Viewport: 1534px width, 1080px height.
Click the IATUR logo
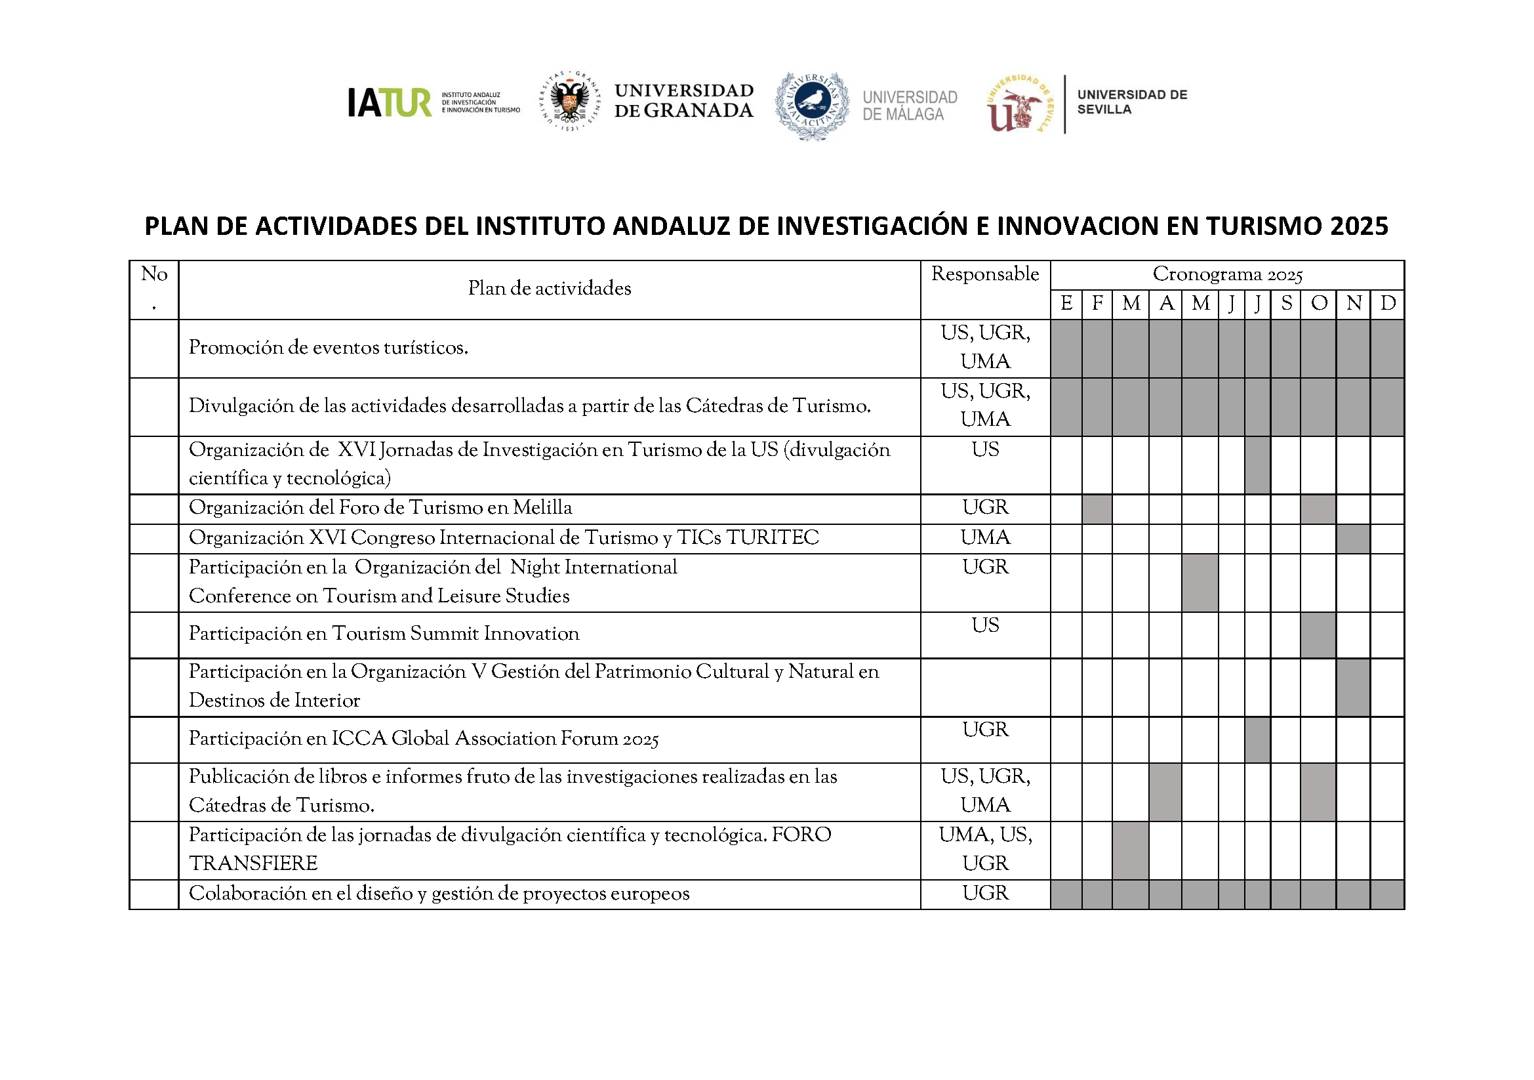390,103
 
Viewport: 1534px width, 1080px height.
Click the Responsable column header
985,274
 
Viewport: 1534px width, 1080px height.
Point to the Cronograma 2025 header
1227,275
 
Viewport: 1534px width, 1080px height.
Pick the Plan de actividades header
549,289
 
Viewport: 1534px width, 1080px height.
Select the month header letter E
1066,304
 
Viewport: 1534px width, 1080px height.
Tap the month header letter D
1387,304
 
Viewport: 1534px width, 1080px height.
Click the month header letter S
1286,304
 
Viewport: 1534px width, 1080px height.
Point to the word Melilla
542,508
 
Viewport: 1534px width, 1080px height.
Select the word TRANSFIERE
253,863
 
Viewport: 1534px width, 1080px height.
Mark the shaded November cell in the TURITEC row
1353,539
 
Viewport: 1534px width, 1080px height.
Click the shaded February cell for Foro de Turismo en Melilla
1097,509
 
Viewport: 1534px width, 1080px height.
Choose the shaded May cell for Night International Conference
1200,583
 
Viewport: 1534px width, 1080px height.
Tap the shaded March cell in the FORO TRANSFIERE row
1131,850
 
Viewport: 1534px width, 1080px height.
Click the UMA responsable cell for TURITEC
985,538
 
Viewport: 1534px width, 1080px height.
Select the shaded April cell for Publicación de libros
1165,792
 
